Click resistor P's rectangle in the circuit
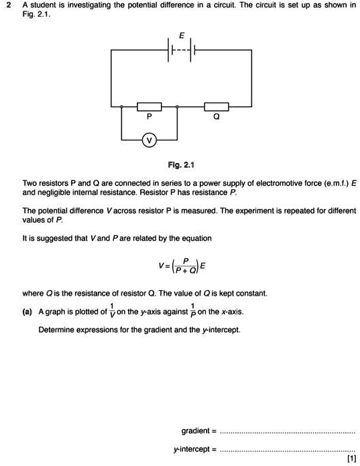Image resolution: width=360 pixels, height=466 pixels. [149, 106]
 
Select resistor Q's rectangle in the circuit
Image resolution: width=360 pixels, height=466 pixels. [216, 106]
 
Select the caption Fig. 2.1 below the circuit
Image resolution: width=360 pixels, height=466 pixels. [180, 164]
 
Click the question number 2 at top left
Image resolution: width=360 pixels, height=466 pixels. [7, 5]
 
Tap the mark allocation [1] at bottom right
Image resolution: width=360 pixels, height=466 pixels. [351, 459]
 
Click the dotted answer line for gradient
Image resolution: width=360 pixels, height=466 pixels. [288, 432]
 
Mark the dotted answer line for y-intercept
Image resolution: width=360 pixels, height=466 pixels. [288, 450]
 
